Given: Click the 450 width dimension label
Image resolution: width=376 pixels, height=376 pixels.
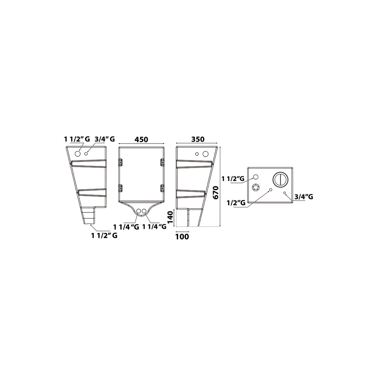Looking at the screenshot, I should click(141, 139).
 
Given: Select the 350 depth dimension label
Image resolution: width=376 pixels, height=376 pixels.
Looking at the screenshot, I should click(198, 139).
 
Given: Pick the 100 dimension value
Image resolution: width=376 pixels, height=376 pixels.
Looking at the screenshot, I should click(182, 237).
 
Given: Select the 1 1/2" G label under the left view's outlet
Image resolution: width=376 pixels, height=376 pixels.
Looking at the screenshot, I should click(104, 236).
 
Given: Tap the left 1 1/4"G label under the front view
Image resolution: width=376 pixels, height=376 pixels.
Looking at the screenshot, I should click(126, 227).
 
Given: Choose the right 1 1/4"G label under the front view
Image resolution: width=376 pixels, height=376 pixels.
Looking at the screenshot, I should click(154, 227).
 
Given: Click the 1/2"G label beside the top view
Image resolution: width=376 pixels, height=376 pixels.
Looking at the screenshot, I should click(236, 203).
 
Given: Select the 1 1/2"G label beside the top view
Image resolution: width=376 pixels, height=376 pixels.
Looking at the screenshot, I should click(233, 179).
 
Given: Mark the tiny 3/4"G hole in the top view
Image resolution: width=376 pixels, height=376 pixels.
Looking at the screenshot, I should click(285, 193).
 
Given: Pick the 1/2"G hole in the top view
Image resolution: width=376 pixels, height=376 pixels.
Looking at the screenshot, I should click(270, 190).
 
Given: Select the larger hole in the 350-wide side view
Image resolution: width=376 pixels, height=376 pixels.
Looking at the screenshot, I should click(206, 154).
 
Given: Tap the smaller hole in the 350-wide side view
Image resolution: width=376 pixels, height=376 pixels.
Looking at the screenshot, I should click(197, 154).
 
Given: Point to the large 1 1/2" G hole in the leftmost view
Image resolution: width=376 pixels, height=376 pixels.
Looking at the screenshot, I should click(77, 154).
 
